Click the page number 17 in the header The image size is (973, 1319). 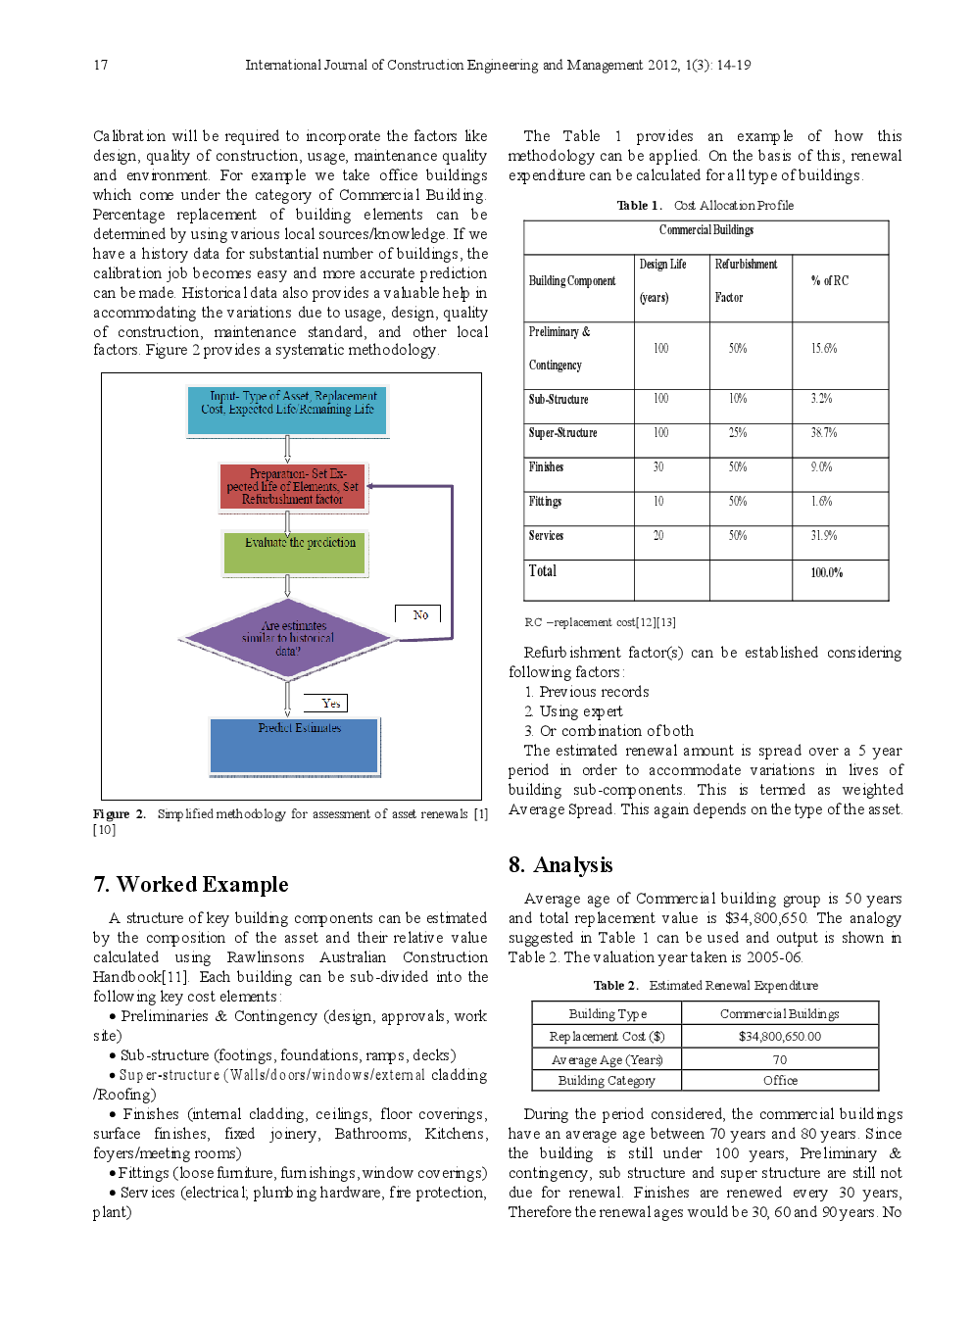pos(101,65)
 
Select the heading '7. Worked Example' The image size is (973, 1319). pos(191,885)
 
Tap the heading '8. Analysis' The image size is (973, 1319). pos(560,865)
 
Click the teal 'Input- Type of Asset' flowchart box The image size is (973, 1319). pos(287,411)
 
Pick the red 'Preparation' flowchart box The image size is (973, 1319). pos(293,487)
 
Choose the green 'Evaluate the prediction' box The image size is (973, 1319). pos(295,553)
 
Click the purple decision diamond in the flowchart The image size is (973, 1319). pos(287,639)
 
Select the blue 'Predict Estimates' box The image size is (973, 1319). pos(294,746)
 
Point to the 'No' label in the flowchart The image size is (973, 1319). pos(419,614)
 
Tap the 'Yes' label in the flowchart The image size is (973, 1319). pos(329,703)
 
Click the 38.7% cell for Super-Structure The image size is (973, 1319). pos(823,432)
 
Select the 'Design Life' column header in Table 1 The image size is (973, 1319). pos(663,265)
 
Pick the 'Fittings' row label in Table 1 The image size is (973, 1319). pos(546,501)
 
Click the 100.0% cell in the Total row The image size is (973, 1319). pos(826,572)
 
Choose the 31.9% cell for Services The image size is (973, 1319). pos(824,535)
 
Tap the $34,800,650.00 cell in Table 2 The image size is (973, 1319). pos(780,1036)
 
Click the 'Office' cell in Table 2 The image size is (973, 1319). pos(780,1080)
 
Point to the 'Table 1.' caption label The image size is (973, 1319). pos(639,206)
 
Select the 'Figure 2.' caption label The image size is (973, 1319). pos(120,814)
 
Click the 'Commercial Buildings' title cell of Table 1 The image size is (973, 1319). pos(705,230)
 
